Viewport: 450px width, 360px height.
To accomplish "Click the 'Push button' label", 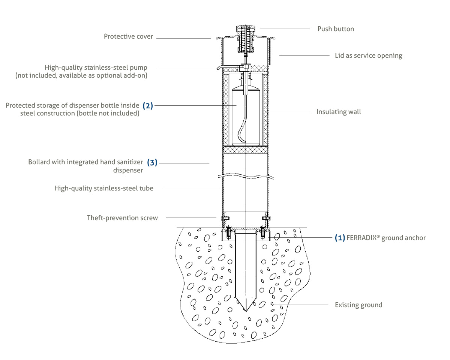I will [336, 29].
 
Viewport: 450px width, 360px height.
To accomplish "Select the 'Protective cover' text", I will [129, 36].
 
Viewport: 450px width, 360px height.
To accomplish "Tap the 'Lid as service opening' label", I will [368, 55].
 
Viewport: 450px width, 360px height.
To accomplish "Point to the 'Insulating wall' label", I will [339, 112].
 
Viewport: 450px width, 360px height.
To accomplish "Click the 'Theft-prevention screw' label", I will [122, 217].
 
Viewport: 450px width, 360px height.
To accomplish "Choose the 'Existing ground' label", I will [358, 305].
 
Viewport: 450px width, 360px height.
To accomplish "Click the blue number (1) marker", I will [340, 238].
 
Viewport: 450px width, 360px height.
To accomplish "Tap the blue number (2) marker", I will [148, 105].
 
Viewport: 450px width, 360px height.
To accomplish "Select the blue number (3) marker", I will [152, 163].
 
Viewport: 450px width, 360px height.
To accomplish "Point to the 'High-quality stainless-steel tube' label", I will [104, 188].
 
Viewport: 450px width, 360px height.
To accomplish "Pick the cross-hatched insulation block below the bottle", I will [246, 150].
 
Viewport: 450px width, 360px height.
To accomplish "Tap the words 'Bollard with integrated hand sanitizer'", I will [86, 162].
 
